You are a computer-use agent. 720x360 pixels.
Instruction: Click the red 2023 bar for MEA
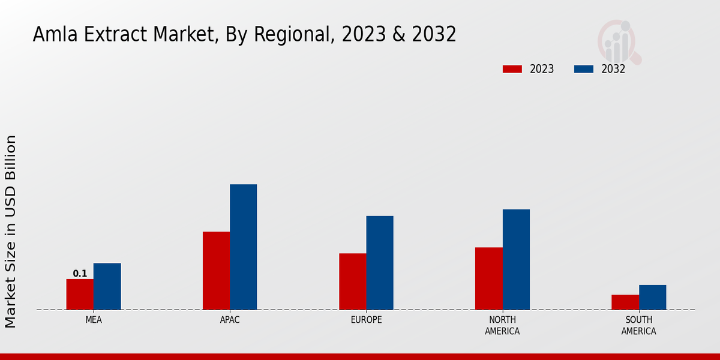[x=80, y=295]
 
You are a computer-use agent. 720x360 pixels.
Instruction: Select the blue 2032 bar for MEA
[x=107, y=287]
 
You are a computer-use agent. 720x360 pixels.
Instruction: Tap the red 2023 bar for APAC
[x=216, y=271]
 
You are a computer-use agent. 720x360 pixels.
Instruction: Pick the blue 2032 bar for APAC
[x=243, y=247]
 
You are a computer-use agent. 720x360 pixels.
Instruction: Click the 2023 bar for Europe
[x=352, y=281]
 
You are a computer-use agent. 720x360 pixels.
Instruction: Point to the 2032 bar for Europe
[x=380, y=263]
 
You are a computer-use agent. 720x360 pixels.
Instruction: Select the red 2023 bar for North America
[x=488, y=278]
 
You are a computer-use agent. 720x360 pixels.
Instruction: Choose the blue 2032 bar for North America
[x=516, y=260]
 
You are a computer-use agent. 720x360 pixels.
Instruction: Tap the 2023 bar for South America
[x=625, y=302]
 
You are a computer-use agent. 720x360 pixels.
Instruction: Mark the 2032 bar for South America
[x=652, y=298]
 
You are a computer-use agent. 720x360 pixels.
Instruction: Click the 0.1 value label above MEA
[x=80, y=274]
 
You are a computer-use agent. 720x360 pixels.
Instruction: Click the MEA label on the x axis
[x=94, y=320]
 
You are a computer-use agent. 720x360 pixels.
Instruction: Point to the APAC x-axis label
[x=230, y=320]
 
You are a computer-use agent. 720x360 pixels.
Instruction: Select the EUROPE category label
[x=366, y=320]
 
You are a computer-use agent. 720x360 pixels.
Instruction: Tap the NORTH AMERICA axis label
[x=502, y=325]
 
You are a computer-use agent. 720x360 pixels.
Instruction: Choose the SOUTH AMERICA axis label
[x=638, y=325]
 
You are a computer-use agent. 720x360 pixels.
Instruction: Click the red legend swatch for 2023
[x=512, y=69]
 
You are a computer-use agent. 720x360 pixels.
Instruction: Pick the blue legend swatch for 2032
[x=583, y=69]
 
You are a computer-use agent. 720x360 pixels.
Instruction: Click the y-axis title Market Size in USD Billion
[x=11, y=231]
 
